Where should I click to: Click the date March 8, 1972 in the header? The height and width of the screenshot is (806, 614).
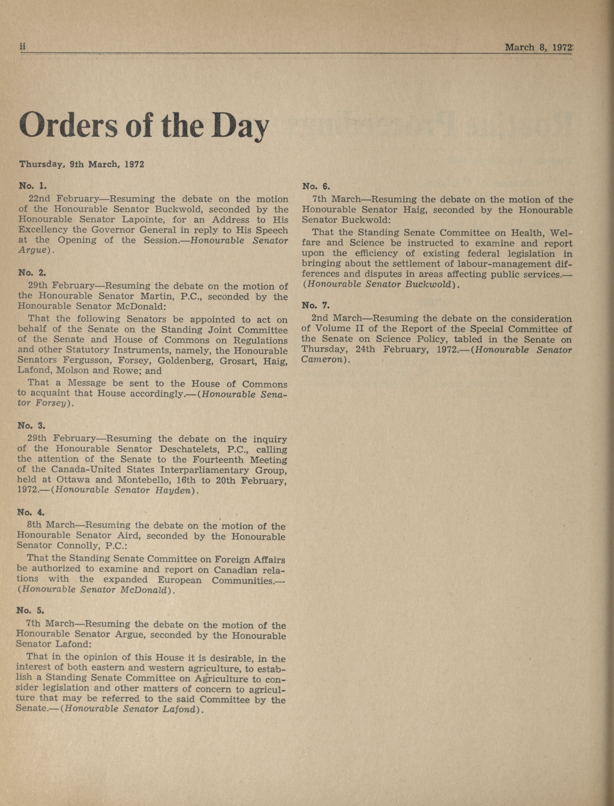538,47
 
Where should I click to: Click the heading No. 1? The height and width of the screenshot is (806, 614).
33,186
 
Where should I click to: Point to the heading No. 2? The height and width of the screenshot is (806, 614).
32,273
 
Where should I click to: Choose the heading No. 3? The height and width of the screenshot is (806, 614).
32,426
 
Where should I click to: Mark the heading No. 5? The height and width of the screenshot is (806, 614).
31,610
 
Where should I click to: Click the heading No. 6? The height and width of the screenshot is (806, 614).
316,186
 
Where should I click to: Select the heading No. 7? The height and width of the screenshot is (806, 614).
316,305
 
